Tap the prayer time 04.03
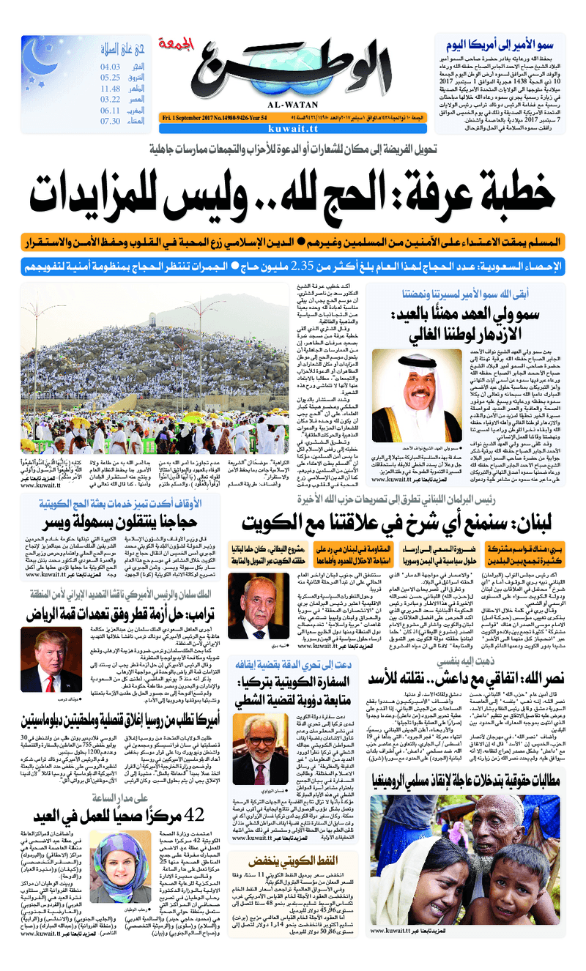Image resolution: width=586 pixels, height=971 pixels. (x=111, y=67)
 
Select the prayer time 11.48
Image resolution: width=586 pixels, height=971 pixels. (x=111, y=89)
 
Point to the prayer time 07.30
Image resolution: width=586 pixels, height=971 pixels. (x=111, y=122)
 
